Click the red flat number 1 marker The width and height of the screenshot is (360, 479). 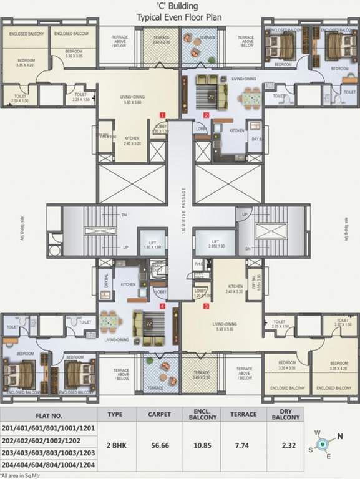click(162, 115)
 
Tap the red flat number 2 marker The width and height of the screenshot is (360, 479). click(207, 115)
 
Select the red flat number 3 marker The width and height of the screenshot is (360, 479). click(207, 306)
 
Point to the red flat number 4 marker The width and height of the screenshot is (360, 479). click(162, 306)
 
